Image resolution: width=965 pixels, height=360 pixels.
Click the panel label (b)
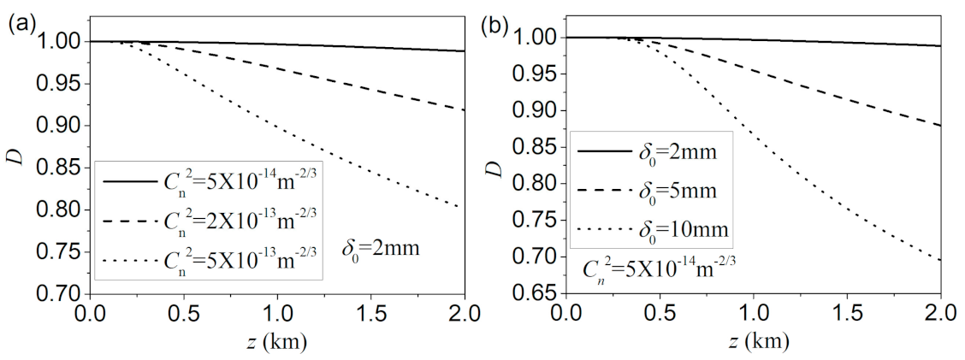494,24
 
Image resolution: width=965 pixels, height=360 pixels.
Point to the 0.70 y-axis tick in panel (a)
59,293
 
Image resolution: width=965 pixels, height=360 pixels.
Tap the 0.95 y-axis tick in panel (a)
59,84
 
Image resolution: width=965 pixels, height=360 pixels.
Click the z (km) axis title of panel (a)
277,342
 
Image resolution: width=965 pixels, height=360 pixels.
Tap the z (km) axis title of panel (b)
753,342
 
